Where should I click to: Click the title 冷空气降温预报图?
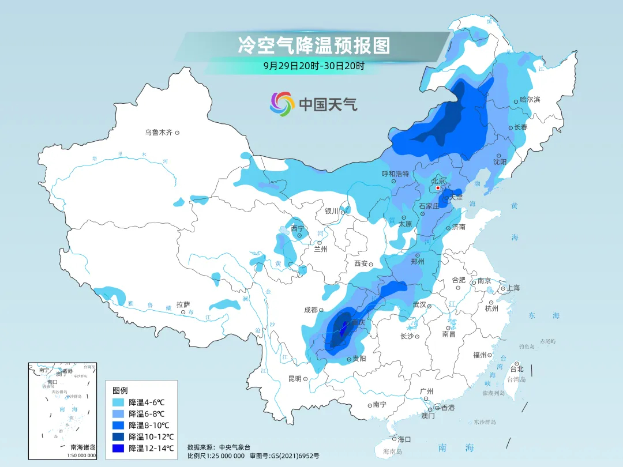pyautogui.click(x=314, y=44)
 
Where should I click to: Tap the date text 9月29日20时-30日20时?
pyautogui.click(x=314, y=66)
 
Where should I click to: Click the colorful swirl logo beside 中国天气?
pyautogui.click(x=282, y=104)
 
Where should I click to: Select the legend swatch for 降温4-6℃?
pyautogui.click(x=119, y=402)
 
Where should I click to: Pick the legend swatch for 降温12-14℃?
pyautogui.click(x=119, y=448)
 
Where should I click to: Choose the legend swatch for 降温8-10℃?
pyautogui.click(x=119, y=425)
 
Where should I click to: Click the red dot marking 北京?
pyautogui.click(x=438, y=188)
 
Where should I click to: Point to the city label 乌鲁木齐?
pyautogui.click(x=159, y=133)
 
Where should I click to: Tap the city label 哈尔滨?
pyautogui.click(x=530, y=99)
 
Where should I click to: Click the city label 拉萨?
pyautogui.click(x=183, y=304)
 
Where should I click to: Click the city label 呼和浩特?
pyautogui.click(x=395, y=174)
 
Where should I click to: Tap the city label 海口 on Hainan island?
pyautogui.click(x=404, y=439)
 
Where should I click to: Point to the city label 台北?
pyautogui.click(x=516, y=369)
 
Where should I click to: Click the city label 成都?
pyautogui.click(x=310, y=310)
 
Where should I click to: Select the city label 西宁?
pyautogui.click(x=297, y=228)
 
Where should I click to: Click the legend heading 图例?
pyautogui.click(x=121, y=390)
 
